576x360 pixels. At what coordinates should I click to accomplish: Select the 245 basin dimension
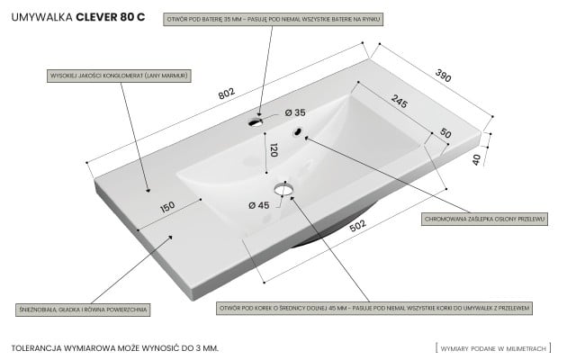(399, 103)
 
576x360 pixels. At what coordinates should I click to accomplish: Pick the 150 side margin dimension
(166, 207)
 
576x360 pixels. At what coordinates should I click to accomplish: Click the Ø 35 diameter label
(294, 112)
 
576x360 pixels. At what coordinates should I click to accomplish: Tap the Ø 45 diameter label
(258, 204)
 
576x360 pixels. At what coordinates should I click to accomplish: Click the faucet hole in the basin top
(256, 119)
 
